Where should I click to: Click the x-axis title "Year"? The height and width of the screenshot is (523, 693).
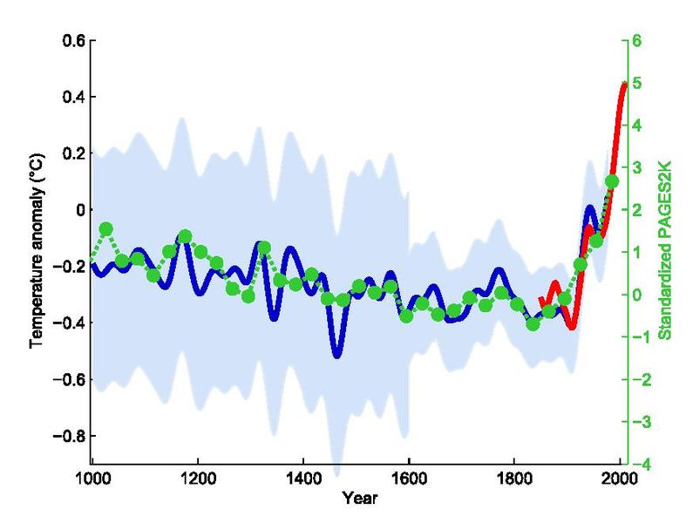pyautogui.click(x=356, y=500)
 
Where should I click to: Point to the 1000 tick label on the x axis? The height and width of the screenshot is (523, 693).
pyautogui.click(x=92, y=481)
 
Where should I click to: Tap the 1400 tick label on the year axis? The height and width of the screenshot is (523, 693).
pyautogui.click(x=302, y=481)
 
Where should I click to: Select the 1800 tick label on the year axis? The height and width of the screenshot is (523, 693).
pyautogui.click(x=513, y=481)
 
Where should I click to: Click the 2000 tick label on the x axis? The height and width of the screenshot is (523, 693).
pyautogui.click(x=619, y=481)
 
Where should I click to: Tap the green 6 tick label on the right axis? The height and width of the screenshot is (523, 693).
pyautogui.click(x=637, y=41)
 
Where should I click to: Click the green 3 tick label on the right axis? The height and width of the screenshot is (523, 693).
pyautogui.click(x=637, y=167)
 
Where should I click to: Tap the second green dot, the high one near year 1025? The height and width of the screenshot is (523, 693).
pyautogui.click(x=106, y=228)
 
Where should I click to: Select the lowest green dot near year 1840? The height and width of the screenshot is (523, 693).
pyautogui.click(x=533, y=325)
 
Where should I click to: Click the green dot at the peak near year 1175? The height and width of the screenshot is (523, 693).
pyautogui.click(x=185, y=236)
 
